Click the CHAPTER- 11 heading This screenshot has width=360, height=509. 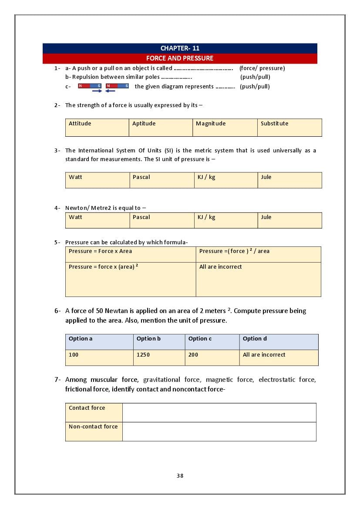coord(180,48)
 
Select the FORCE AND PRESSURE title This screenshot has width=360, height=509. coord(180,58)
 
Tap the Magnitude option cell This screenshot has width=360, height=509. coord(225,127)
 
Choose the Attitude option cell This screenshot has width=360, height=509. coord(97,127)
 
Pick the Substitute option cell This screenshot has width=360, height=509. coord(289,127)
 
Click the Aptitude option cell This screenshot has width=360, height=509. coord(161,127)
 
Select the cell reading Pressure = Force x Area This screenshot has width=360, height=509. coord(131,254)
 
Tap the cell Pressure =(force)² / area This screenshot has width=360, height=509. coord(258,254)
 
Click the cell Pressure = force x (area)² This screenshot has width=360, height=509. coord(131,279)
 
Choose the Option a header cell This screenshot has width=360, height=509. coord(99,342)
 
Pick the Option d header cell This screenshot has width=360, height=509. coord(279,342)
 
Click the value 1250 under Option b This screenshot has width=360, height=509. coord(159,357)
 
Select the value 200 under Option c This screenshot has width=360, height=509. coord(212,357)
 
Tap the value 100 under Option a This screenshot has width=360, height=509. coord(99,357)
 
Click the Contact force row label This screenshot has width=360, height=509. coord(94,412)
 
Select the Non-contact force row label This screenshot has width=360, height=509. coord(94,431)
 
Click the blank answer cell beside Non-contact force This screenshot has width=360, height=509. coord(219,431)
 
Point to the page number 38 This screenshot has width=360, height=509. coord(180,475)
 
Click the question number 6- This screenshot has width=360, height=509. coord(57,311)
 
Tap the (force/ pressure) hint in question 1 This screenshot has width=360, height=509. coord(262,68)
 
